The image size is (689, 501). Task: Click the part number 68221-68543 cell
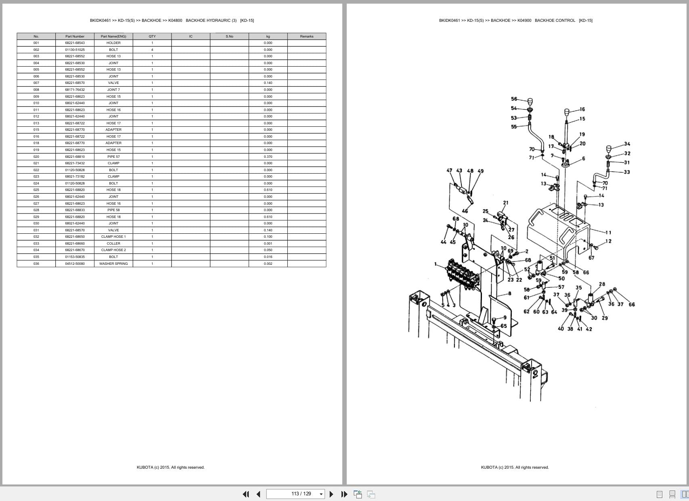75,43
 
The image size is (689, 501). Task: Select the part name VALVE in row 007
113,83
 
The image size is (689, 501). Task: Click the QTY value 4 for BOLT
152,50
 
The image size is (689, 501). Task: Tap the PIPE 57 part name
113,157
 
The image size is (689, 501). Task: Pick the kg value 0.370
268,157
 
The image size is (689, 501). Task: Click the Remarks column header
306,36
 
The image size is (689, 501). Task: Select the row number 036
36,264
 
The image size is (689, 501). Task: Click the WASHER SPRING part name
113,264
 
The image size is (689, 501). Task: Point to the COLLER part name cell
113,243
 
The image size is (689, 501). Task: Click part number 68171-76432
75,90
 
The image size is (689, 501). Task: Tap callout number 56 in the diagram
514,99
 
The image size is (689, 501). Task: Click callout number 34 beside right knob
627,144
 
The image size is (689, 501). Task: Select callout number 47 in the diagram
449,171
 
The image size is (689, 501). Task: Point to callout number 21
506,203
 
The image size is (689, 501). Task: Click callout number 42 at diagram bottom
589,329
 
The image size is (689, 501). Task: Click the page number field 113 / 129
295,494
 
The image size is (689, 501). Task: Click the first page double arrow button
245,494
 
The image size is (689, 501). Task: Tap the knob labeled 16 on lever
567,111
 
